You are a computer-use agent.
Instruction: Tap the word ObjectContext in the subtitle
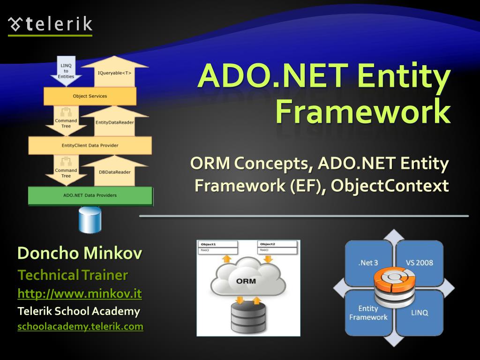click(x=390, y=186)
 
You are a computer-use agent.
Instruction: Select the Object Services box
click(x=90, y=96)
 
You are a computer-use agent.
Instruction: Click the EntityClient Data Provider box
click(x=90, y=145)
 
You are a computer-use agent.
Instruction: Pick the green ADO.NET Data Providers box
click(x=90, y=195)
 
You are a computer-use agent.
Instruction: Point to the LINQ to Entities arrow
click(x=66, y=71)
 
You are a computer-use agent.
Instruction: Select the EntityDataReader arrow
click(x=114, y=122)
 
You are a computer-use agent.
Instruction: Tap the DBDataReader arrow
click(x=114, y=172)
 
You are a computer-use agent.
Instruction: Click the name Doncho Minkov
click(x=80, y=254)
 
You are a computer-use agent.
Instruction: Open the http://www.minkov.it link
click(x=80, y=294)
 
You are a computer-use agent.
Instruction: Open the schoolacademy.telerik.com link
click(x=80, y=326)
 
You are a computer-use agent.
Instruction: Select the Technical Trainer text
click(x=73, y=275)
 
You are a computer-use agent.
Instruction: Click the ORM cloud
click(x=247, y=281)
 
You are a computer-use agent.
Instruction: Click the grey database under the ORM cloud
click(x=248, y=317)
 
